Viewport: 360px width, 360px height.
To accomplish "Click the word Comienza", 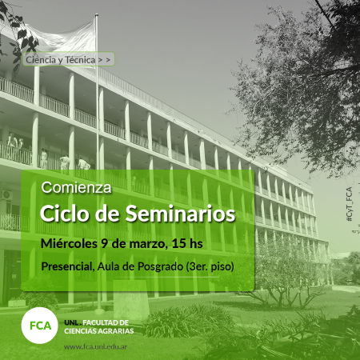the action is [76, 187].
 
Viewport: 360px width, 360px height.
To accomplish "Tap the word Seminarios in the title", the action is [181, 214].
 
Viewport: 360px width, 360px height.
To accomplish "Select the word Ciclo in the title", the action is [66, 214].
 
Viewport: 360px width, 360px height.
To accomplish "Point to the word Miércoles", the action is [69, 243].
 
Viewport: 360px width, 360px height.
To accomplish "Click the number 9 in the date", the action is [105, 244].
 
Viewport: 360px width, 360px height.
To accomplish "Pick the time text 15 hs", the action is [187, 244].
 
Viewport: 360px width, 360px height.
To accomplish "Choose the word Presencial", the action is [66, 266].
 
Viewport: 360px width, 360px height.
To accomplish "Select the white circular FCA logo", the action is [40, 326].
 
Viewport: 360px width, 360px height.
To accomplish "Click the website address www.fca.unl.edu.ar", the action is [95, 347].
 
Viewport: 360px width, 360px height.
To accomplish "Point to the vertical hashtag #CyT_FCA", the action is [349, 204].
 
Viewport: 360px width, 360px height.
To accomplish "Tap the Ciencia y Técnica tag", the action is [69, 59].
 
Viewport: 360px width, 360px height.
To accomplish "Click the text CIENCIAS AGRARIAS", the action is [99, 331].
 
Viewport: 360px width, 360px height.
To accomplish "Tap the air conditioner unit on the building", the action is [6, 195].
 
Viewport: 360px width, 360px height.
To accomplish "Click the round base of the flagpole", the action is [99, 311].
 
